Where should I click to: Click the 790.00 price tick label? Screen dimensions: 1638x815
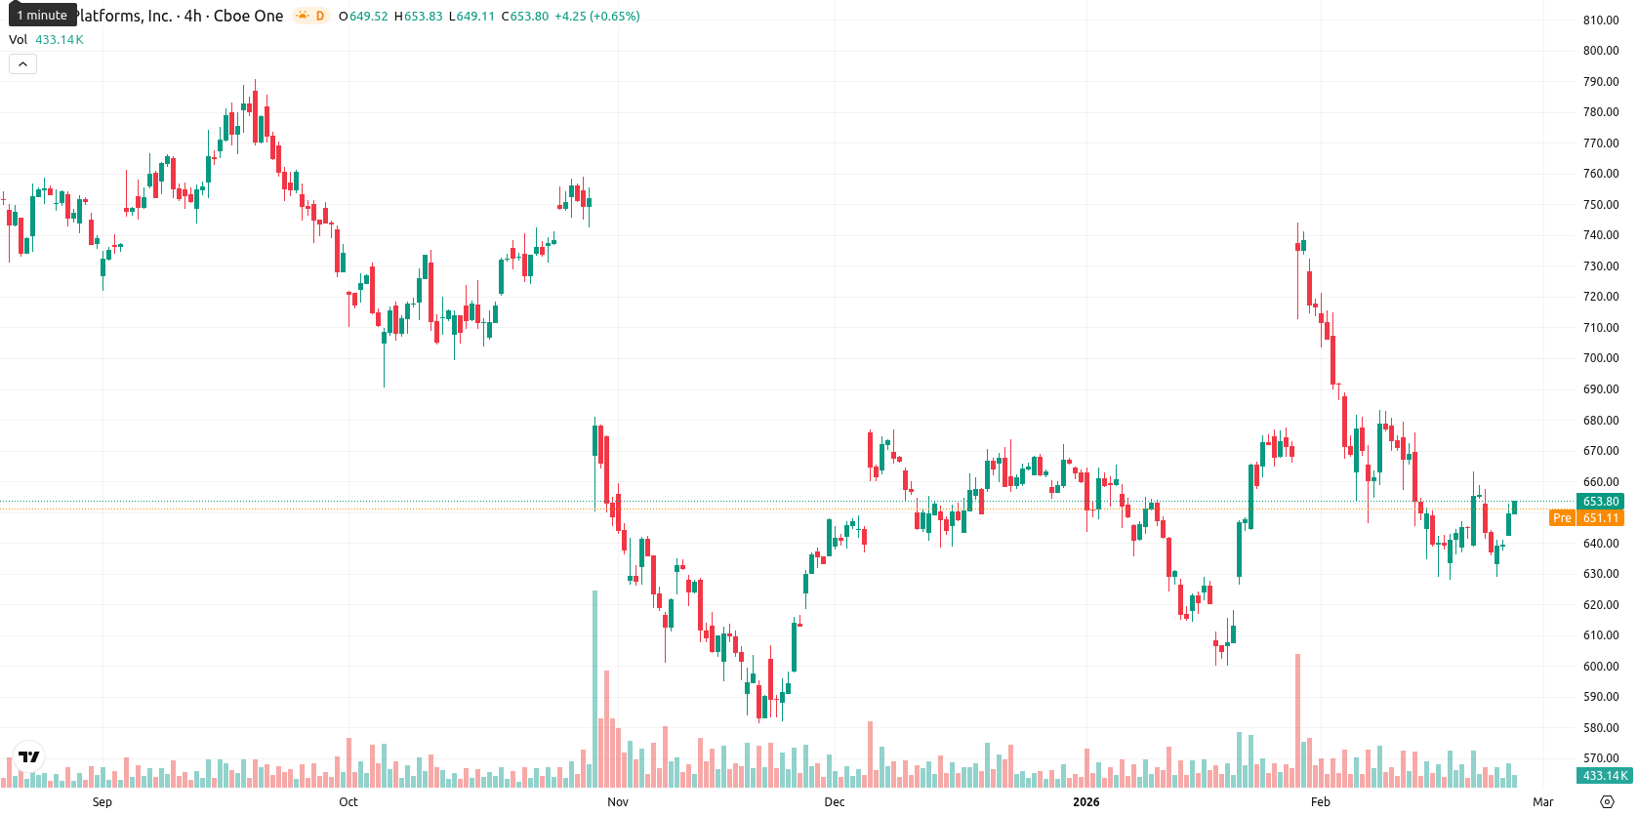point(1601,81)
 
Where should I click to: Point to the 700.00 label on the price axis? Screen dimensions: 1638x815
point(1601,358)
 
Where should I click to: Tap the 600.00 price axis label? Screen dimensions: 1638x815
point(1601,666)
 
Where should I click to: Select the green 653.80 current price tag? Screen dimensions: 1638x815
point(1600,502)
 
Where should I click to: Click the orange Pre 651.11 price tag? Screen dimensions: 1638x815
point(1586,518)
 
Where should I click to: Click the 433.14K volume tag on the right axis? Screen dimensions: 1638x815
point(1605,776)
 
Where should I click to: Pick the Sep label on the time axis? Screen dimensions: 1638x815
point(102,802)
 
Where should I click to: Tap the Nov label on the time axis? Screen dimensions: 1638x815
point(618,802)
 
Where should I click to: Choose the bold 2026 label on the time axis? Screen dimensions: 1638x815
point(1085,802)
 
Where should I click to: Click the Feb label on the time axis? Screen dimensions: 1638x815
point(1321,802)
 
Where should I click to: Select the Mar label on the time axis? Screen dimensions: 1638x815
point(1543,802)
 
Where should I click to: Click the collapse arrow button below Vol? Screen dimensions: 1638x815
point(22,64)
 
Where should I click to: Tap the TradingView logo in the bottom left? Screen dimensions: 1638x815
point(29,756)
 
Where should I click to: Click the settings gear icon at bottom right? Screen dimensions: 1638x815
point(1607,802)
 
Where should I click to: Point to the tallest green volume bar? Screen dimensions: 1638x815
point(594,688)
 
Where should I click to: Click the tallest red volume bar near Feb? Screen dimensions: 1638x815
point(1298,720)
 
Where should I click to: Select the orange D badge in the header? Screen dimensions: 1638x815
point(319,16)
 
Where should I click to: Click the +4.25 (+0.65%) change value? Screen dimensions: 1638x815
point(596,16)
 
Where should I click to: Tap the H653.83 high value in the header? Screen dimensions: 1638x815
point(418,16)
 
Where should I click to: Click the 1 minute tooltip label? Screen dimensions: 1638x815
point(42,15)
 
